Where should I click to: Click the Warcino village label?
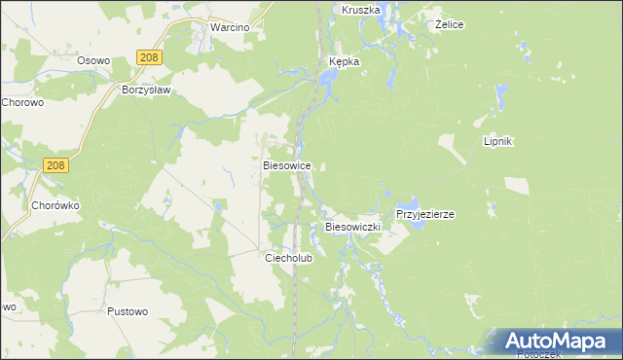pyautogui.click(x=230, y=27)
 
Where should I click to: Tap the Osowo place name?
pyautogui.click(x=93, y=59)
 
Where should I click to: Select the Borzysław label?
pyautogui.click(x=146, y=90)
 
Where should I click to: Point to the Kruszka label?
pyautogui.click(x=360, y=9)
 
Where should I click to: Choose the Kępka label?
pyautogui.click(x=342, y=61)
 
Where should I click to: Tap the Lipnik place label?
pyautogui.click(x=497, y=141)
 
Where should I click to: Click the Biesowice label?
pyautogui.click(x=287, y=166)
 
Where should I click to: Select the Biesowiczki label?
pyautogui.click(x=351, y=227)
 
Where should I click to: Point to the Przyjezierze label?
pyautogui.click(x=425, y=214)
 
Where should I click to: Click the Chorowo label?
pyautogui.click(x=23, y=101)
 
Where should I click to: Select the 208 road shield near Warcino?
pyautogui.click(x=147, y=59)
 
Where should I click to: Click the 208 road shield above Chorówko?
pyautogui.click(x=55, y=166)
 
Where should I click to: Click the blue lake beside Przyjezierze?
pyautogui.click(x=416, y=226)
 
